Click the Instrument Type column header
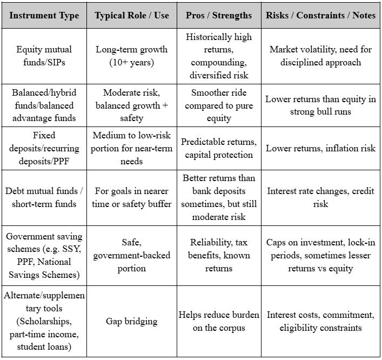click(x=44, y=16)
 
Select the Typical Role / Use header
click(x=132, y=16)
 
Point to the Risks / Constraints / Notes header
click(x=320, y=16)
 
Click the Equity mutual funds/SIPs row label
click(x=44, y=56)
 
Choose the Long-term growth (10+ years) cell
click(x=132, y=56)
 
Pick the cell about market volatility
click(x=320, y=56)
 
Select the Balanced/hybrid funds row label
click(x=44, y=105)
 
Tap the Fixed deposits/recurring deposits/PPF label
click(x=44, y=148)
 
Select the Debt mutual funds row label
click(x=44, y=197)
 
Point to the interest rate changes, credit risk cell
click(x=320, y=197)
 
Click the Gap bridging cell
click(x=132, y=321)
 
